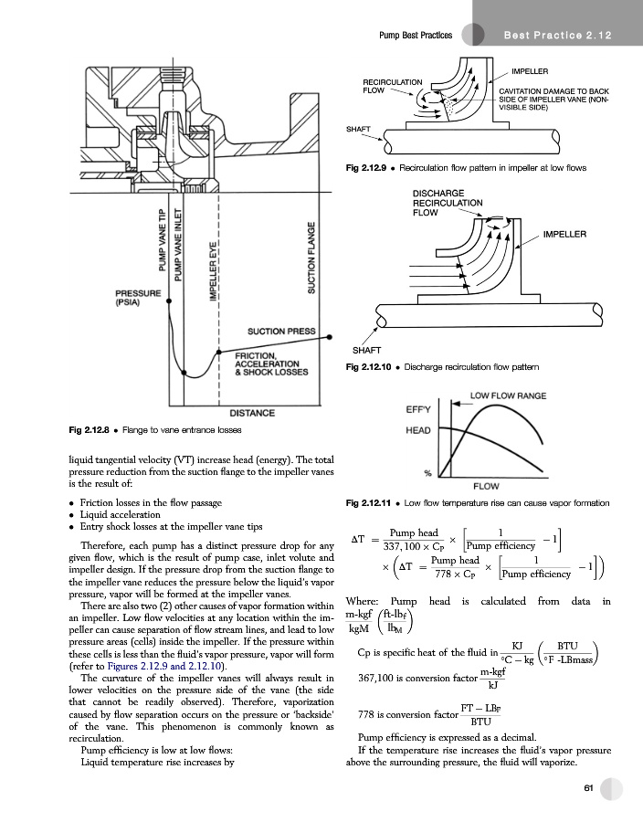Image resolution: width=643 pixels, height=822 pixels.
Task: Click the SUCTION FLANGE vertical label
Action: click(312, 257)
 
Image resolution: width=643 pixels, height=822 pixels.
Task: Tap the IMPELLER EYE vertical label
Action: click(213, 271)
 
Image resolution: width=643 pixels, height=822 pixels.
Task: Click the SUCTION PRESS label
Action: click(282, 331)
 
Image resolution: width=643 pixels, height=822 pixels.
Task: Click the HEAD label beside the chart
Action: click(417, 429)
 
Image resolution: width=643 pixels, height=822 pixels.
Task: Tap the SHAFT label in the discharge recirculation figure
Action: click(367, 351)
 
